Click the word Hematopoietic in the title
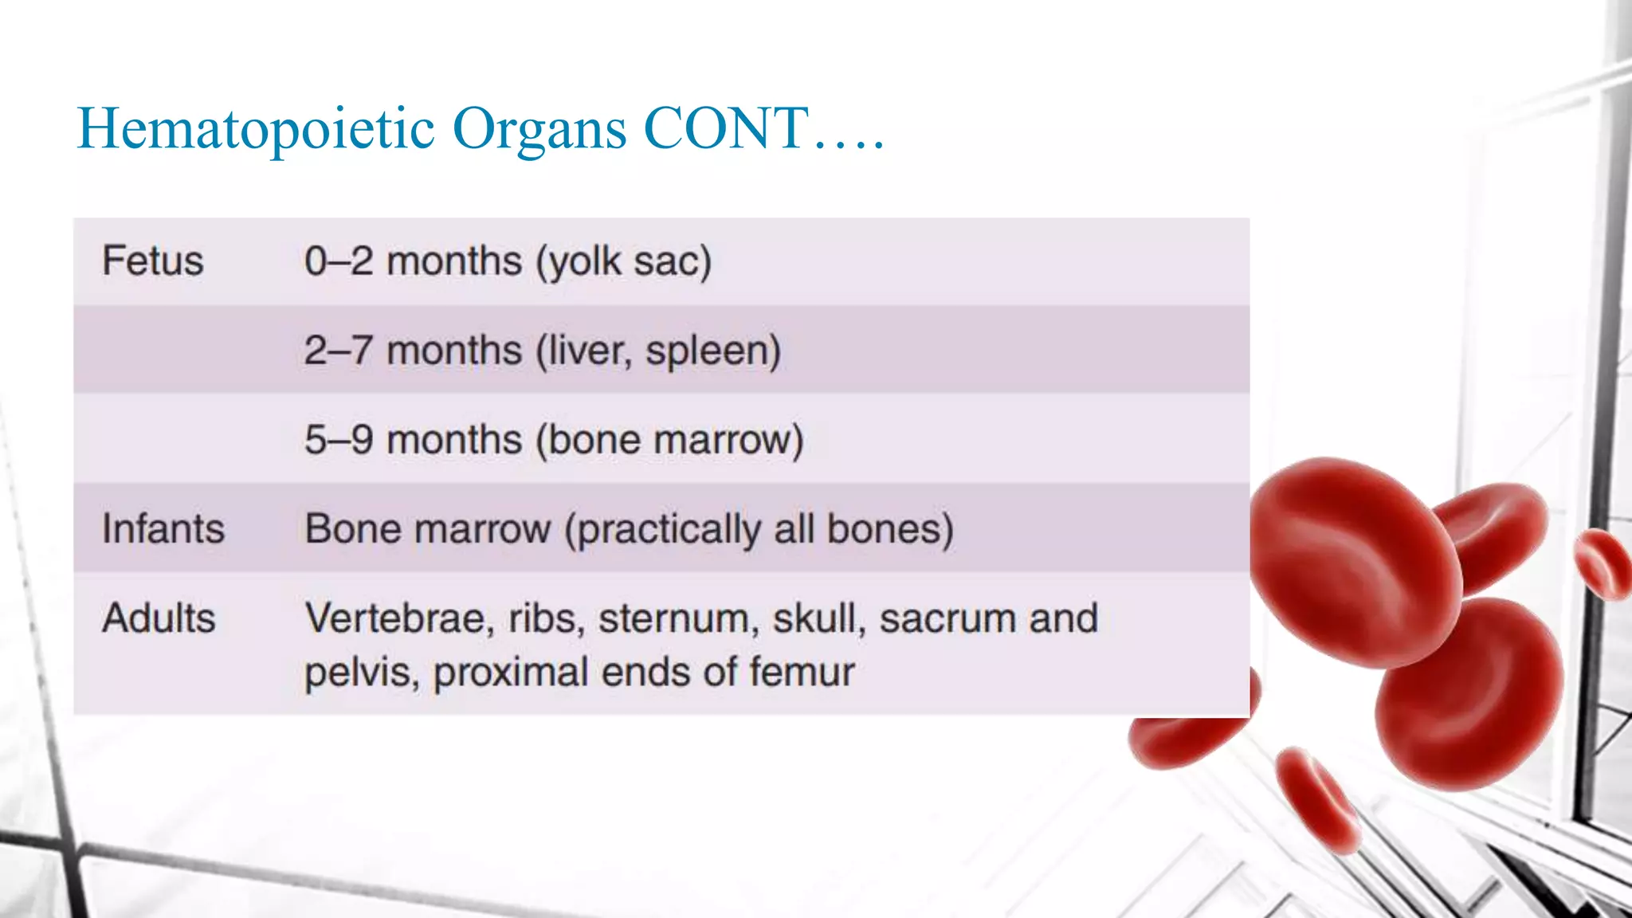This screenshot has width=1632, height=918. click(255, 129)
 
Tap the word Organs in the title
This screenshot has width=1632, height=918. click(539, 129)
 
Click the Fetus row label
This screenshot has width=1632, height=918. click(153, 261)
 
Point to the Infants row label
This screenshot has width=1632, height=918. click(163, 529)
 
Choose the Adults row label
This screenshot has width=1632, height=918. click(159, 618)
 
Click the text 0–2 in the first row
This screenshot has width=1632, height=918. click(339, 261)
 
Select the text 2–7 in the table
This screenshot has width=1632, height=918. click(338, 351)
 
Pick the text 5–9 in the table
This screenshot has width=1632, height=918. click(339, 440)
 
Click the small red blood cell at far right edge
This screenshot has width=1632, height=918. click(1603, 564)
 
